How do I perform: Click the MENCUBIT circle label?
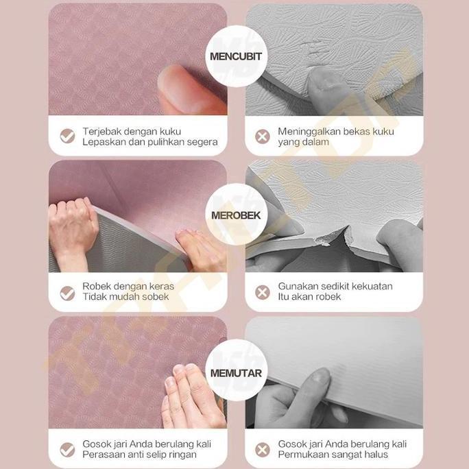[x=236, y=56]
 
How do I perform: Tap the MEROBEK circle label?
[x=236, y=215]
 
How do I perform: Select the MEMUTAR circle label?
[x=236, y=373]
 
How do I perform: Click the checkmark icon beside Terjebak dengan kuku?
[x=67, y=136]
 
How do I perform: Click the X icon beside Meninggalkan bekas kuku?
[x=263, y=136]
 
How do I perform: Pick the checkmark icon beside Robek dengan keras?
[x=67, y=293]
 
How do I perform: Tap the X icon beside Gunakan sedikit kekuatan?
[x=263, y=293]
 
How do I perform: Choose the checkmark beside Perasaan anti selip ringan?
[x=67, y=449]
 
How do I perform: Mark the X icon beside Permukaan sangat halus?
[x=263, y=449]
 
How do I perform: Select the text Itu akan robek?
[x=309, y=297]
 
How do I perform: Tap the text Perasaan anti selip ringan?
[x=139, y=454]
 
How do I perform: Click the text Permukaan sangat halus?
[x=333, y=454]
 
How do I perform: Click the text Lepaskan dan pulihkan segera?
[x=149, y=142]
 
